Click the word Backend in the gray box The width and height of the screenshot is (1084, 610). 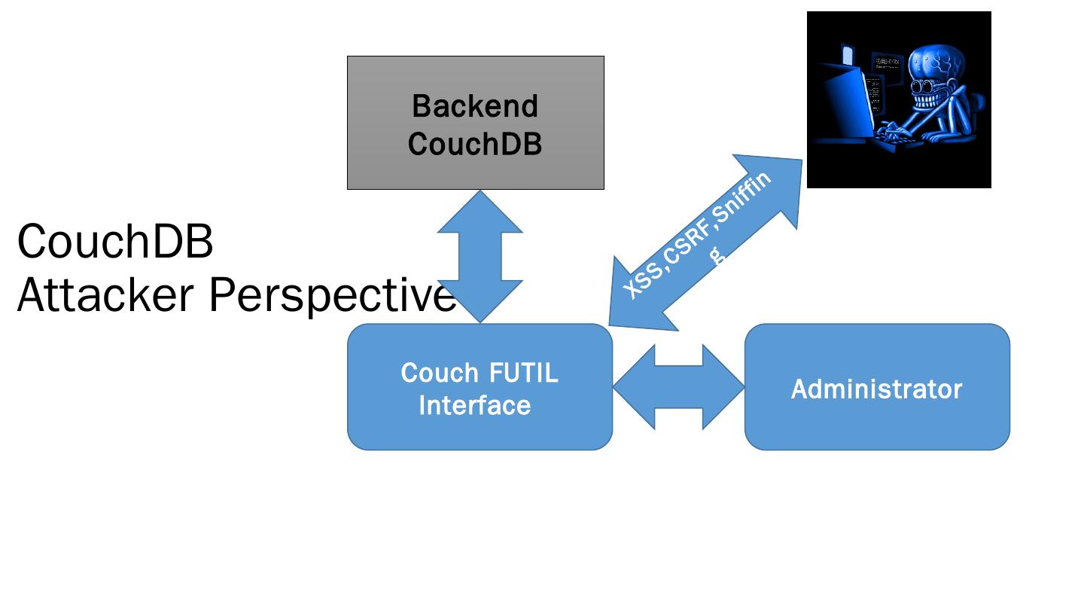(x=475, y=106)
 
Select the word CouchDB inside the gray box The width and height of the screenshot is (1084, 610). (x=475, y=144)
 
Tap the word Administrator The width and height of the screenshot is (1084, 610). (x=876, y=389)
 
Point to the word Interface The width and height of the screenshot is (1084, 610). (x=475, y=406)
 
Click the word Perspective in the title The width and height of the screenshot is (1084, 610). (x=331, y=295)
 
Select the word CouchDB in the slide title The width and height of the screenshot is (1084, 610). (x=115, y=242)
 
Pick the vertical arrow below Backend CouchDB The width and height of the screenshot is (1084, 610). (x=480, y=256)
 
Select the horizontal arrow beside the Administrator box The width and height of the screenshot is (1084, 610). (x=678, y=387)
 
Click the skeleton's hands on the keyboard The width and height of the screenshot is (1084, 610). (x=896, y=136)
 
